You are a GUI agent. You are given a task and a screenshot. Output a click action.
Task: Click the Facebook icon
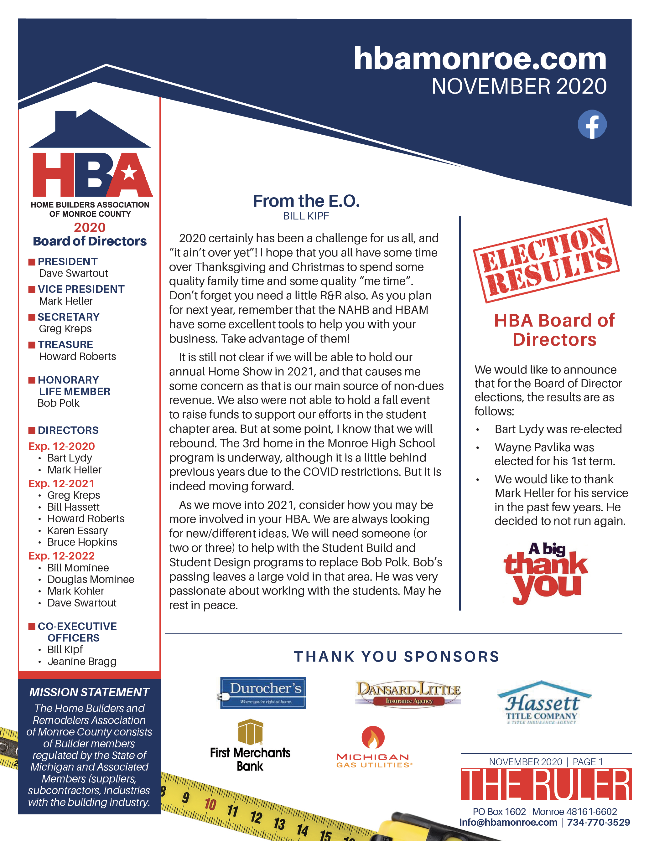pos(592,124)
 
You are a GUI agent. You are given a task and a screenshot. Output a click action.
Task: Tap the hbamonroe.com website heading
pos(480,59)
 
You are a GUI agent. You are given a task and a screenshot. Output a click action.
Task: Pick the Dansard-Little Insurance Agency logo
pos(408,692)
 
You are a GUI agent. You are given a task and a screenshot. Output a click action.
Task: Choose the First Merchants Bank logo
pos(250,745)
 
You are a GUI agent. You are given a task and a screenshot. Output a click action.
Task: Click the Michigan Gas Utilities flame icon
pos(372,737)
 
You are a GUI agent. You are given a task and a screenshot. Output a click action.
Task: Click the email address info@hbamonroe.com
pos(508,822)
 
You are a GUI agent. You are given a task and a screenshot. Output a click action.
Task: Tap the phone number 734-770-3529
pos(598,822)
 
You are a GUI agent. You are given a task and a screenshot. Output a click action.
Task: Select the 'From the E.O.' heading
pos(306,201)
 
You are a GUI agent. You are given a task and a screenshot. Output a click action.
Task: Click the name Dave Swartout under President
pos(73,273)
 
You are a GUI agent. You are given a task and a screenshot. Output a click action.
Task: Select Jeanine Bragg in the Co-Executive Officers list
pos(82,661)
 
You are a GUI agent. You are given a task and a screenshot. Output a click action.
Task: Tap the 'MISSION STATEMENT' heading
pos(89,692)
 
